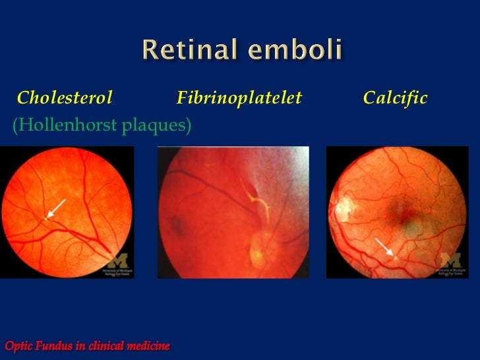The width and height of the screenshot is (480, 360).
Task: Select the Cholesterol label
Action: [65, 99]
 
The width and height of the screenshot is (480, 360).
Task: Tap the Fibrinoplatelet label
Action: [239, 99]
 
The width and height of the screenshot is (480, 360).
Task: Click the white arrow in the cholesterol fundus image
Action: [56, 208]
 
